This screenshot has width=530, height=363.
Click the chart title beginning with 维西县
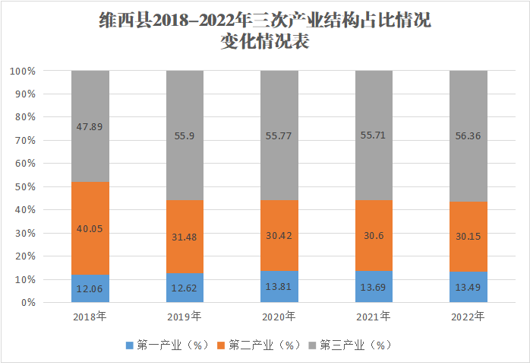coord(265,31)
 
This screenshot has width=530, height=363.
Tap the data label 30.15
coord(468,237)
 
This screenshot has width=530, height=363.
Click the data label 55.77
coord(279,135)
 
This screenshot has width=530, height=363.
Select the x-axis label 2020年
coord(279,316)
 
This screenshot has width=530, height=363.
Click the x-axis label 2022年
coord(468,316)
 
